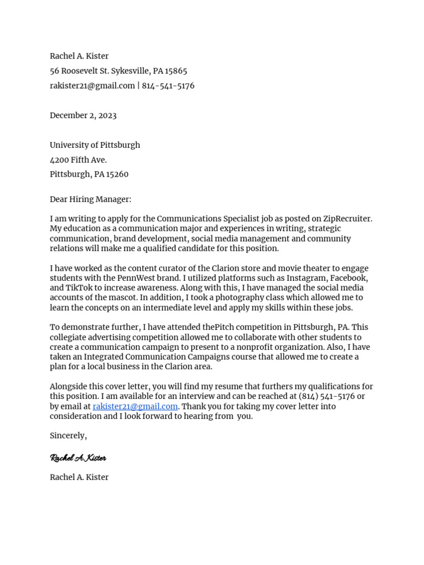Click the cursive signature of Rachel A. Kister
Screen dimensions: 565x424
pyautogui.click(x=78, y=458)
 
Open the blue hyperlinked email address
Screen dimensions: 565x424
pyautogui.click(x=135, y=407)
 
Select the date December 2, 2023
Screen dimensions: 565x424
pyautogui.click(x=83, y=115)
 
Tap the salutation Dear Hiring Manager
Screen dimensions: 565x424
pyautogui.click(x=91, y=199)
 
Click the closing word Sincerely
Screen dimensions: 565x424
pyautogui.click(x=68, y=436)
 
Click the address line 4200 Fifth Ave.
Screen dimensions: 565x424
pyautogui.click(x=78, y=160)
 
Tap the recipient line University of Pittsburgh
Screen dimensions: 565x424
pyautogui.click(x=94, y=145)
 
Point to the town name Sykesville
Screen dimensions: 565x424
pyautogui.click(x=130, y=71)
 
